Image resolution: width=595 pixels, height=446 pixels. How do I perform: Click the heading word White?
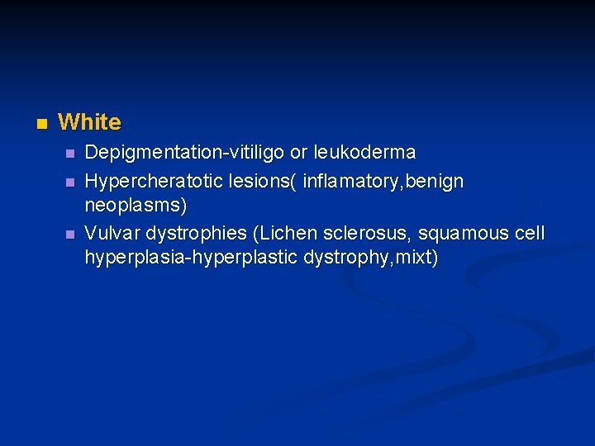tap(89, 123)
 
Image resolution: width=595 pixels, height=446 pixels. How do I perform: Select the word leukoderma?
tap(364, 154)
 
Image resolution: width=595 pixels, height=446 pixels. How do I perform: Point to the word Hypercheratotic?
tap(149, 181)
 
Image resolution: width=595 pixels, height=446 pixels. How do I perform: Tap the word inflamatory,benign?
tap(383, 181)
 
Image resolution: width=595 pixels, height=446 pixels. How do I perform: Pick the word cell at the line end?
tap(530, 233)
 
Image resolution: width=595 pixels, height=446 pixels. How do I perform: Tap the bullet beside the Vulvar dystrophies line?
tap(70, 234)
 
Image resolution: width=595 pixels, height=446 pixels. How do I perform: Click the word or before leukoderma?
tap(297, 154)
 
